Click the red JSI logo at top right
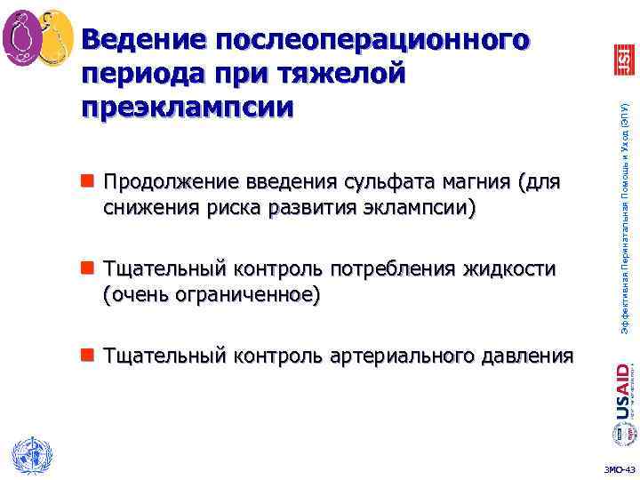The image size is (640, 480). [623, 60]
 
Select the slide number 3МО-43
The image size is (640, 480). [619, 468]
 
